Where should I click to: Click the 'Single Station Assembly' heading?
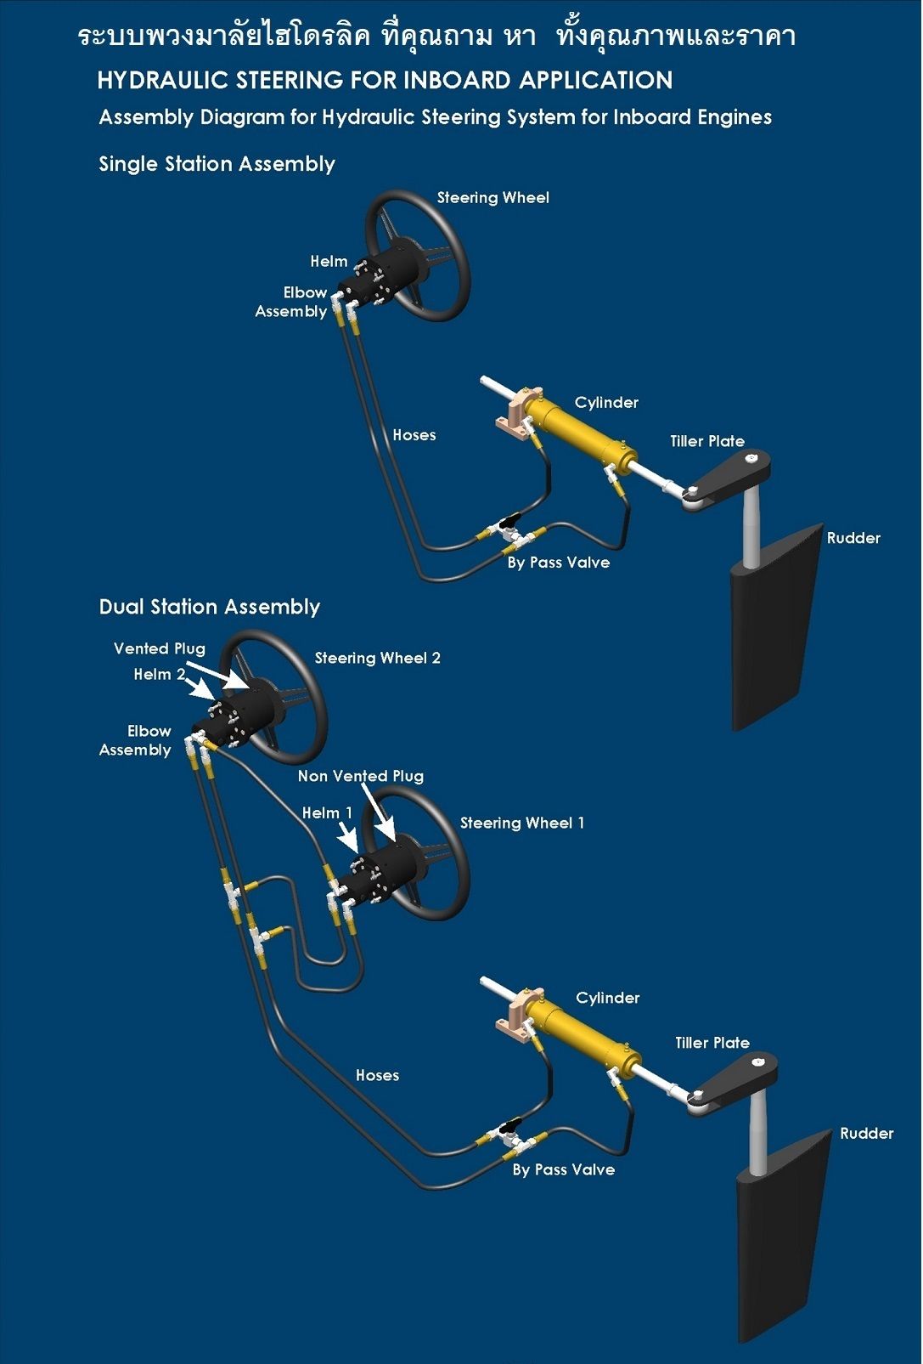(217, 164)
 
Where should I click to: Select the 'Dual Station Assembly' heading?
(209, 607)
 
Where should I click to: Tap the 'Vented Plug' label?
(160, 648)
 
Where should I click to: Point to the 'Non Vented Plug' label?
(360, 776)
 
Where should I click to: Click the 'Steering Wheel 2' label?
(377, 658)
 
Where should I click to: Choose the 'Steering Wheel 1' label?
(521, 823)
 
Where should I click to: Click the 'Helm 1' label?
(327, 813)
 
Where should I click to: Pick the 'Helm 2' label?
(159, 674)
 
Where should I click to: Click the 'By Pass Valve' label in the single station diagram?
(558, 563)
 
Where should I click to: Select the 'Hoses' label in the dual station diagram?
(377, 1076)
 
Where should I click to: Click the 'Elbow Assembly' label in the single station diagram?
(291, 302)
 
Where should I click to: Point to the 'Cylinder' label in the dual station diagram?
(607, 998)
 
